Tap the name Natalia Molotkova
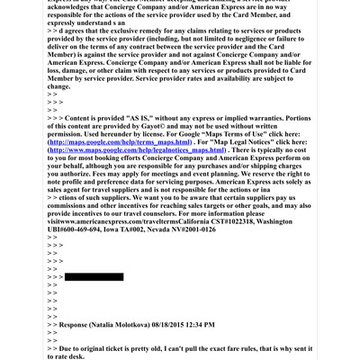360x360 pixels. [125, 324]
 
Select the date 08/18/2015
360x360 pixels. [178, 324]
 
